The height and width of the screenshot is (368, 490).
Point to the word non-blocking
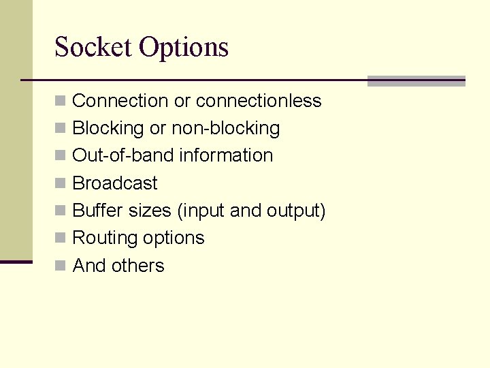coord(225,129)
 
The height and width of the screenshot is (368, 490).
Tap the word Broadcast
coord(114,183)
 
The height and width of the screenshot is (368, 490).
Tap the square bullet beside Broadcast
coord(61,183)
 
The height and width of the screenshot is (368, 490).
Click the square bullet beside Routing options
coord(61,239)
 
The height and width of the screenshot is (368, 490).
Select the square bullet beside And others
coord(61,266)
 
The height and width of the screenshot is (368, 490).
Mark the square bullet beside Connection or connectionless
coord(61,102)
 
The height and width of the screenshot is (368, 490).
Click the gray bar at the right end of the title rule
coord(416,81)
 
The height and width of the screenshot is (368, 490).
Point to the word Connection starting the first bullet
coord(120,101)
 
